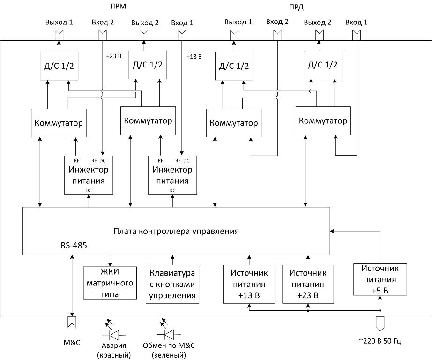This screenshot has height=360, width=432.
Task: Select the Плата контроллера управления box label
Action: tap(176, 231)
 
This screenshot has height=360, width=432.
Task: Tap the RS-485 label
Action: tap(74, 244)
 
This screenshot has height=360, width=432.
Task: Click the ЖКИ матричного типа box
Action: tap(110, 283)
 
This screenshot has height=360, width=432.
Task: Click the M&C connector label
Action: tap(72, 342)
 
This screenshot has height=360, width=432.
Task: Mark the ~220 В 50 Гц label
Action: tap(379, 341)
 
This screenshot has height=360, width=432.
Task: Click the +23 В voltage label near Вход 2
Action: tap(114, 56)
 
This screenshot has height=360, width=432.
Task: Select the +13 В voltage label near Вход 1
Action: tap(194, 57)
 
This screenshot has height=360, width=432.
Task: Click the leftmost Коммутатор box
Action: tap(59, 123)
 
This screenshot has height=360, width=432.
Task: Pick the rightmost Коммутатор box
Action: tap(323, 120)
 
